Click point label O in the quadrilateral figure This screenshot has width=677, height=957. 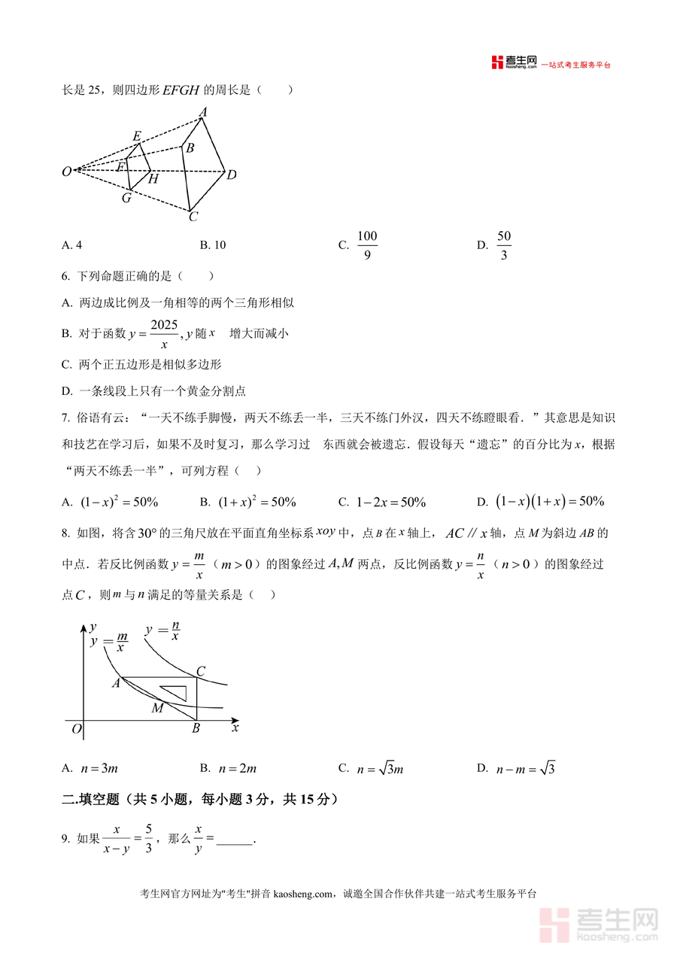pyautogui.click(x=67, y=172)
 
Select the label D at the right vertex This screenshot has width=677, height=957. pyautogui.click(x=232, y=175)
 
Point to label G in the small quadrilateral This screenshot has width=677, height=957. pyautogui.click(x=126, y=198)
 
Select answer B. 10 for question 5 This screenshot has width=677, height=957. pyautogui.click(x=213, y=245)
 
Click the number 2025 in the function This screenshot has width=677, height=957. pyautogui.click(x=164, y=324)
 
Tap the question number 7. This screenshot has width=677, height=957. pyautogui.click(x=66, y=418)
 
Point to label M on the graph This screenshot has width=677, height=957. pyautogui.click(x=157, y=708)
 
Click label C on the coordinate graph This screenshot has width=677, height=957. pyautogui.click(x=200, y=671)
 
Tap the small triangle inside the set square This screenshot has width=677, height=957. pyautogui.click(x=174, y=692)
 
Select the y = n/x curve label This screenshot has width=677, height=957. pyautogui.click(x=162, y=630)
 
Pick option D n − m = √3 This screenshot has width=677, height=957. pyautogui.click(x=525, y=768)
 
